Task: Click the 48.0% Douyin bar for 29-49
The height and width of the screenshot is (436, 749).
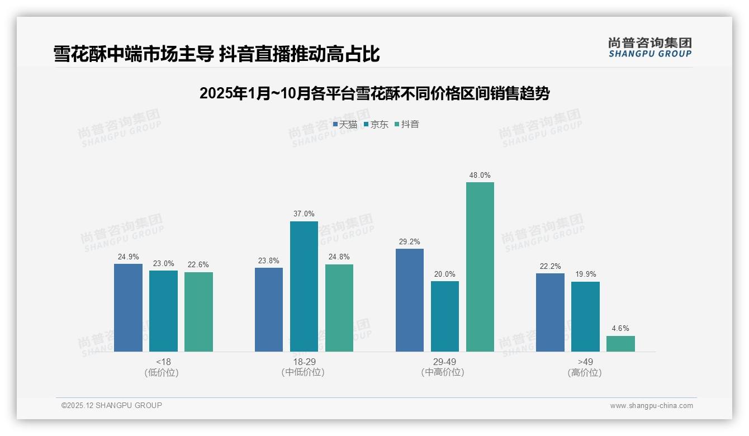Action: point(480,267)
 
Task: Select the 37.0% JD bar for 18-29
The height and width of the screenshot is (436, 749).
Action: point(304,286)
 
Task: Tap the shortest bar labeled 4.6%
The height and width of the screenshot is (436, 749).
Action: point(620,344)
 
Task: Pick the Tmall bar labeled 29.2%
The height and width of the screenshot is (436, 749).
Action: point(409,300)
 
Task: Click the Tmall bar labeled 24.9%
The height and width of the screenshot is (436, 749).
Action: point(128,307)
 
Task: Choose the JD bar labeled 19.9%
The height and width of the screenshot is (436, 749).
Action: point(585,316)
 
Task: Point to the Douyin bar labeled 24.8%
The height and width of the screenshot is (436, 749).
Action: point(339,308)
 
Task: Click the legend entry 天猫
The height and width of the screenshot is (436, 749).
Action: point(345,125)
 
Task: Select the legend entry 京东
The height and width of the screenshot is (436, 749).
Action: point(376,125)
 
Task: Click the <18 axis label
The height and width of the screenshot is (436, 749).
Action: point(163,362)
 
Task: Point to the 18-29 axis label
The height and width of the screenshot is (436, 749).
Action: point(304,362)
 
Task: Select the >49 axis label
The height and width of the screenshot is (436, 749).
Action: point(585,362)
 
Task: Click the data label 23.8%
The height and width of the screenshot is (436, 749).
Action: point(268,260)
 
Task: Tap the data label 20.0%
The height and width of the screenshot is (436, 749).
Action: point(444,274)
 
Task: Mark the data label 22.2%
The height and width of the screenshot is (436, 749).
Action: point(550,266)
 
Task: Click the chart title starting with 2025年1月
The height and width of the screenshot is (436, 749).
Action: point(374,93)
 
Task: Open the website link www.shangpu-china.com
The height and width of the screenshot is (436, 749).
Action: point(651,406)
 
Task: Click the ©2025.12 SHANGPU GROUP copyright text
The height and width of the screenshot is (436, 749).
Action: point(112,405)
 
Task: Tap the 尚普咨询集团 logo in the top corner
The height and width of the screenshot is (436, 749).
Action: point(650,47)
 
